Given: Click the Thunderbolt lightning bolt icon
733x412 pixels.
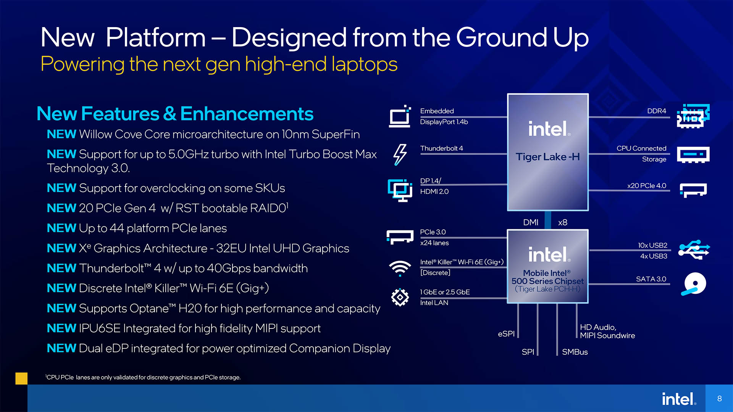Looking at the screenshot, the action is [400, 154].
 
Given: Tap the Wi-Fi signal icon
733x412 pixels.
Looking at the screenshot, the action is [400, 268].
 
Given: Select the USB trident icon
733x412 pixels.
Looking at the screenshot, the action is [694, 249].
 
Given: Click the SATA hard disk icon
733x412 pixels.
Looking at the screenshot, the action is [694, 284].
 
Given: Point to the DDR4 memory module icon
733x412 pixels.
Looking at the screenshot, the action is [693, 116].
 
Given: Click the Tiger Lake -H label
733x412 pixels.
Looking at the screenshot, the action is [547, 157].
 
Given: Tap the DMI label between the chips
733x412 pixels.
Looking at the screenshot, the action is [531, 222].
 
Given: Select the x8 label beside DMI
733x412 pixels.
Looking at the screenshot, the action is [563, 222].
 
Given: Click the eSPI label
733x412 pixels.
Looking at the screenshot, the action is [506, 334].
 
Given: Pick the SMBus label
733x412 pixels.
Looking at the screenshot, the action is [575, 352].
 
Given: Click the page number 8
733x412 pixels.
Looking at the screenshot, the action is [719, 399].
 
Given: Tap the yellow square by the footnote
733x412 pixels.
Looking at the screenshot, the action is [21, 378].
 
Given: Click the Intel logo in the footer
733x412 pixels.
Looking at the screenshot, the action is [679, 399].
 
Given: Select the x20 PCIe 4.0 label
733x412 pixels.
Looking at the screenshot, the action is [647, 186].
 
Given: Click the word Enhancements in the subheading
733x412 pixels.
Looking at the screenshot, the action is [247, 114].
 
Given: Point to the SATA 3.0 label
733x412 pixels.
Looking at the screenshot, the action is [651, 279].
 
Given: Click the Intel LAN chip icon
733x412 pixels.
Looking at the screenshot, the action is [400, 297].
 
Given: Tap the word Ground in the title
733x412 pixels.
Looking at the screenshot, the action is [501, 37].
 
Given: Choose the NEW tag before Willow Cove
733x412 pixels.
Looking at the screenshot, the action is [61, 134].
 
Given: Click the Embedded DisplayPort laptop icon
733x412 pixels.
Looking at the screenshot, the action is [400, 116].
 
